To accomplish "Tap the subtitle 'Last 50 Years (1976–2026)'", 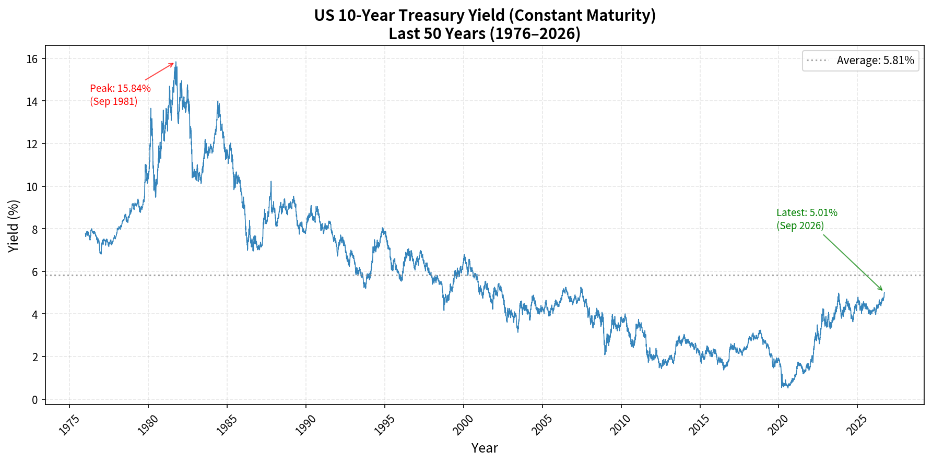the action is coord(485,34).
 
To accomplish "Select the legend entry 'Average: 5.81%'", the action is coord(875,61).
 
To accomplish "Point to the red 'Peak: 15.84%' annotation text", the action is coord(120,88).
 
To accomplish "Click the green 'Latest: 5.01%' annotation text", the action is coord(807,212).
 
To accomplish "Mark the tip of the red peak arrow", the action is coord(174,63).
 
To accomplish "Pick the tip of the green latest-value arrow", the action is coord(882,291).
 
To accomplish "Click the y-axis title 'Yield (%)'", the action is coord(14,226).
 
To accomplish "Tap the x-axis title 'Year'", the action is coord(485,448).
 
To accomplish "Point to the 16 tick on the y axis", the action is coord(32,58).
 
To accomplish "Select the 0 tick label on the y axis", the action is coord(35,400).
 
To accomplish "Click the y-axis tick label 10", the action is coord(32,186).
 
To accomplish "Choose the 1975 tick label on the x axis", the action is coord(69,424).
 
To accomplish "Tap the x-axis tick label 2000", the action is coord(463,424).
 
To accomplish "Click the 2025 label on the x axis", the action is coord(857,424).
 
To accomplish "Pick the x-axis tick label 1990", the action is coord(305,424).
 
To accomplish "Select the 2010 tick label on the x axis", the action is coord(621,424).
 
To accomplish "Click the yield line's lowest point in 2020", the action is coord(782,388).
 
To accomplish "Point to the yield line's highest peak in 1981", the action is coord(176,62).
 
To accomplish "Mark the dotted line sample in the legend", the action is coord(818,61).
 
